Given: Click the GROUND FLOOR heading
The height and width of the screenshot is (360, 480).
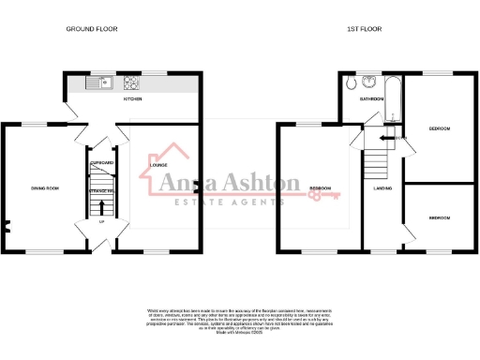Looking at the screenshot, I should point(92,29).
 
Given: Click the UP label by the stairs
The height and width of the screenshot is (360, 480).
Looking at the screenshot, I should point(101,222).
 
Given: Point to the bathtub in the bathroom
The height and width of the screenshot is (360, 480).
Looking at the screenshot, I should point(396,98).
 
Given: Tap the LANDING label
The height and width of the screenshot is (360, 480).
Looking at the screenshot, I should point(382,189).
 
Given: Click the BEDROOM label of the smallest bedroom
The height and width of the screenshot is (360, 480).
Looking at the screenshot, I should point(439,217).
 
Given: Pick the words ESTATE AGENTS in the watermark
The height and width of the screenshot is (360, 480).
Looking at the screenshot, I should point(220,203).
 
